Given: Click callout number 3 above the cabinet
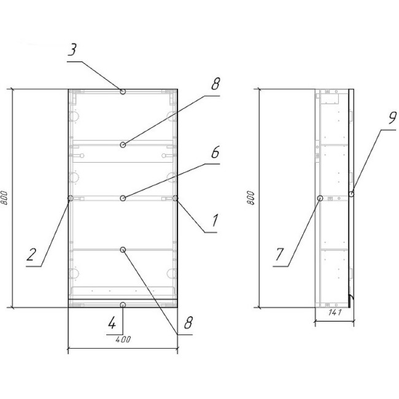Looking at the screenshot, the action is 72,50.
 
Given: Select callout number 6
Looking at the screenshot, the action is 215,152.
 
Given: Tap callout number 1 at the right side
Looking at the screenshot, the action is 215,220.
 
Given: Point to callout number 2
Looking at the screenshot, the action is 31,255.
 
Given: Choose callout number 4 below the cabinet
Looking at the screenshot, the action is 112,323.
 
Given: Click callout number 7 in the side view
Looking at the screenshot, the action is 279,255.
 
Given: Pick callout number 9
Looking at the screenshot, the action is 392,118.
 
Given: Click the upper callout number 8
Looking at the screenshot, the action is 215,83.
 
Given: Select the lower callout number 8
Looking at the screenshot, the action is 188,323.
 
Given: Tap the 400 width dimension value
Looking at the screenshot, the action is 123,339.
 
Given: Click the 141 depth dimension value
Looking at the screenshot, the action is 335,312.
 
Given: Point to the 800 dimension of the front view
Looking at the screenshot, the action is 4,198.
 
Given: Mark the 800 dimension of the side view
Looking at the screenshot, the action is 250,198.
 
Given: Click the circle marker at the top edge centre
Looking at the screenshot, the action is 123,91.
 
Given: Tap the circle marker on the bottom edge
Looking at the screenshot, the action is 123,305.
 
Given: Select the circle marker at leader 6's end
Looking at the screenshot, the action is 123,198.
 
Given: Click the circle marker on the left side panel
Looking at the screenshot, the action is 71,198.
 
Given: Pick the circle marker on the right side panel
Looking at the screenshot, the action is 175,198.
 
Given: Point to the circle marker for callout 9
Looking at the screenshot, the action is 351,194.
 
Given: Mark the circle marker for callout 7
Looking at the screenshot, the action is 320,198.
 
